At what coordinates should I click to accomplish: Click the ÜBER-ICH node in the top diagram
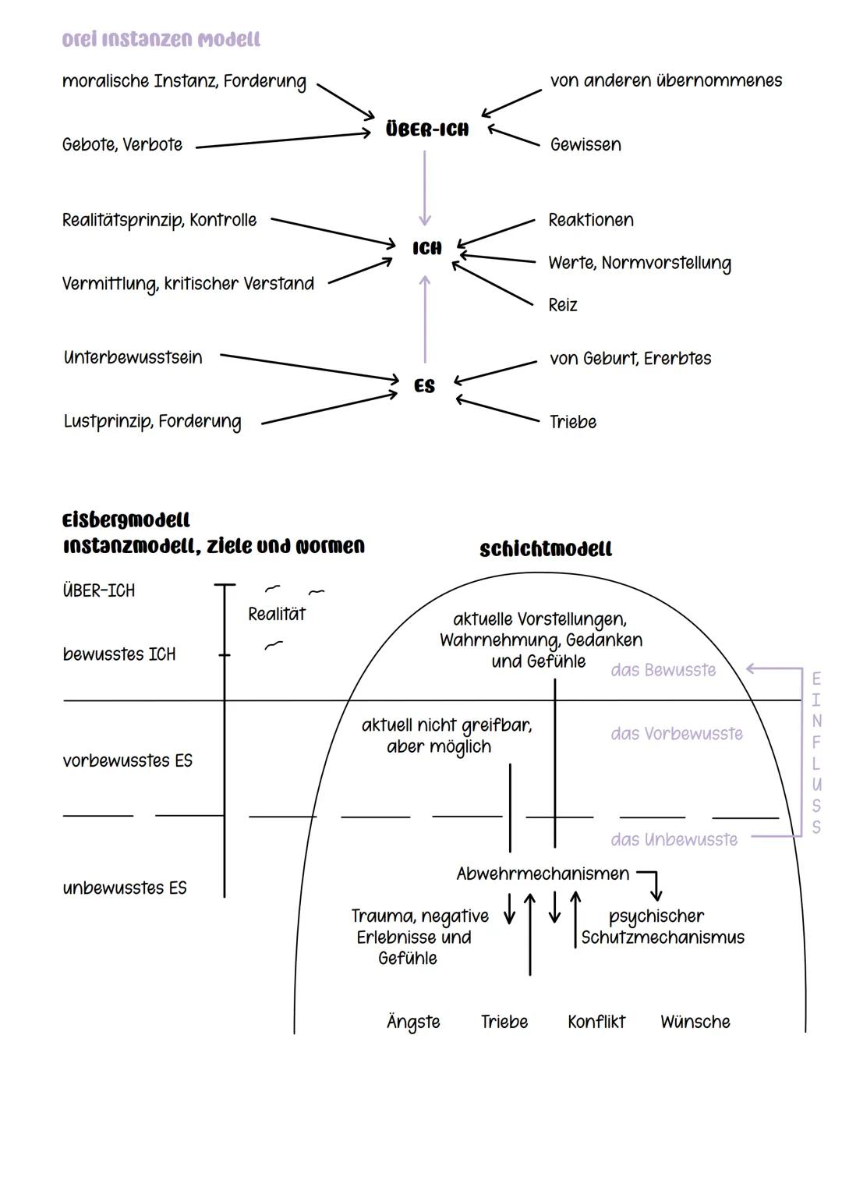(427, 129)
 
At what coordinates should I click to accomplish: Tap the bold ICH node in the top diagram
(427, 248)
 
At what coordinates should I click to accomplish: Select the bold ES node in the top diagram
(425, 386)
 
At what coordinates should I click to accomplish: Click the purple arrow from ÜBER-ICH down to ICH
(425, 187)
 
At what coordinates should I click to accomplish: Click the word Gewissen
(586, 145)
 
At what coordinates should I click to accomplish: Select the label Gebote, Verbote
(122, 145)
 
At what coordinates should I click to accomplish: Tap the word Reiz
(562, 305)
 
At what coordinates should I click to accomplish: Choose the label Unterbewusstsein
(133, 358)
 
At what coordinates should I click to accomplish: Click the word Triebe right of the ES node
(573, 422)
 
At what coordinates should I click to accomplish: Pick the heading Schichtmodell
(546, 550)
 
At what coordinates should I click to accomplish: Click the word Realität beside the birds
(277, 615)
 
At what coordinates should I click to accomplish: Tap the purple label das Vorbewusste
(677, 734)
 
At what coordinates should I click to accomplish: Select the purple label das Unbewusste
(674, 840)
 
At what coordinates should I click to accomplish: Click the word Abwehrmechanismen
(543, 874)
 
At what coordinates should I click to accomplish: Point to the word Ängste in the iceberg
(413, 1022)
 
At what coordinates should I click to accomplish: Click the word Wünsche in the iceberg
(695, 1022)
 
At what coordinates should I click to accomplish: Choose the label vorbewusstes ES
(127, 761)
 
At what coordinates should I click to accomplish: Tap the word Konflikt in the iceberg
(596, 1022)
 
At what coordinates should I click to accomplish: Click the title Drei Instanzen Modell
(161, 40)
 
